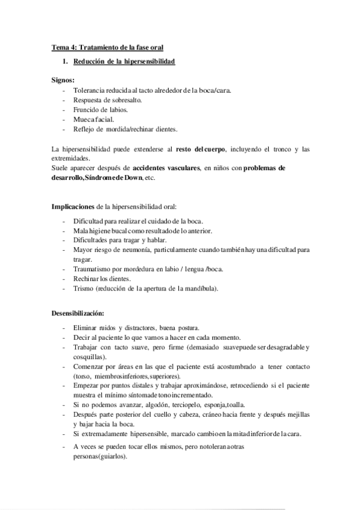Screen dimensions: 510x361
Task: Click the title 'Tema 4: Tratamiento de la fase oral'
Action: (107, 46)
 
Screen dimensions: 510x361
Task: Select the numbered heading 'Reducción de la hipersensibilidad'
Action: (124, 61)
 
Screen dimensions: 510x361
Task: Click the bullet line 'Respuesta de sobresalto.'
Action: (109, 100)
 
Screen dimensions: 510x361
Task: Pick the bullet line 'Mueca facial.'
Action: (93, 119)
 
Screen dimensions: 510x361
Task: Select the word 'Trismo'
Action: (84, 288)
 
